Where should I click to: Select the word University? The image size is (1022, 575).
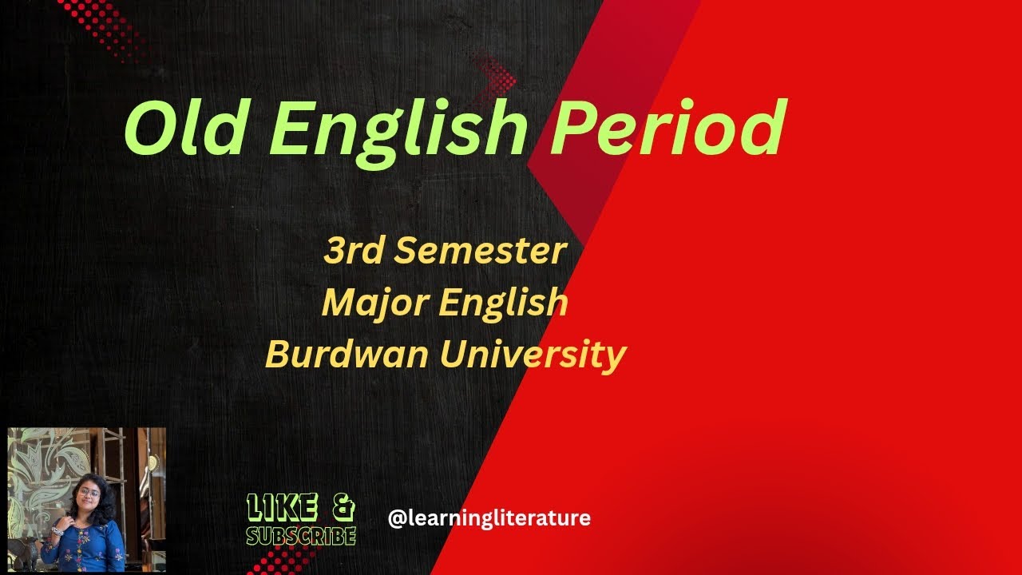tap(533, 354)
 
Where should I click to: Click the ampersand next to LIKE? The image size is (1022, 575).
tap(341, 507)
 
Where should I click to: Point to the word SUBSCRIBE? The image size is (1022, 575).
tap(301, 535)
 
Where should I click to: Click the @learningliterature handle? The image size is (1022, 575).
tap(489, 518)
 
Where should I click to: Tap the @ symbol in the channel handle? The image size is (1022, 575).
tap(395, 519)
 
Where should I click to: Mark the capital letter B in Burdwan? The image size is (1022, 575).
tap(276, 354)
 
